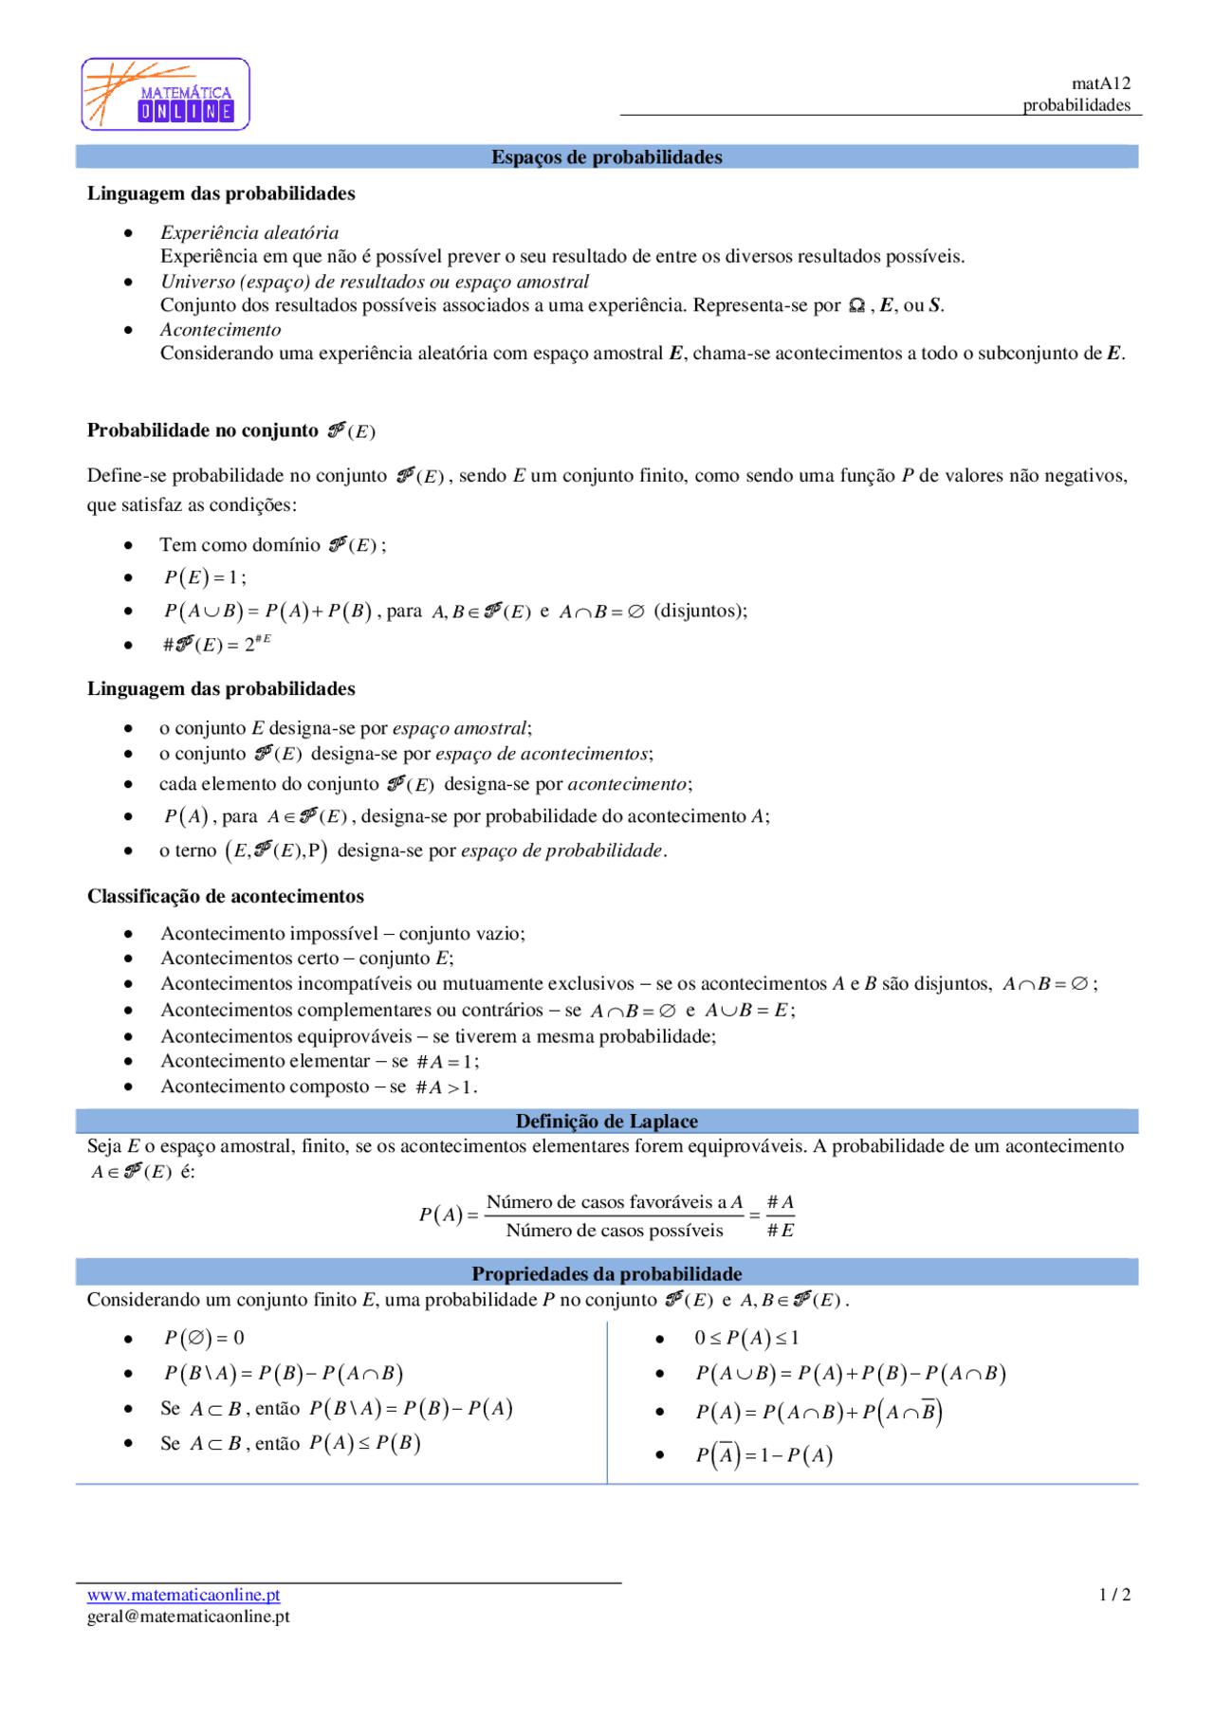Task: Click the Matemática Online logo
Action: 166,94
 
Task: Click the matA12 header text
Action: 1100,83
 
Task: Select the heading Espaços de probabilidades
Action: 606,157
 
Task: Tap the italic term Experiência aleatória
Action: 249,232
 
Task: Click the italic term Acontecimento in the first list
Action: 221,330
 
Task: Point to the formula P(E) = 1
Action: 205,577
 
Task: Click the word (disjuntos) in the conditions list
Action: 700,611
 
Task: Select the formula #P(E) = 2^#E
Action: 216,644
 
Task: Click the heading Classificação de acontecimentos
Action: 226,896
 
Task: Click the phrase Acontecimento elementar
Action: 266,1061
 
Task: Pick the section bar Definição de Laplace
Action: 606,1122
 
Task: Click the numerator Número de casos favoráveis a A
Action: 614,1202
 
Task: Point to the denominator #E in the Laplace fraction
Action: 781,1231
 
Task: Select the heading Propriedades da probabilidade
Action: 606,1273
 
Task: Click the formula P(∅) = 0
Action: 204,1338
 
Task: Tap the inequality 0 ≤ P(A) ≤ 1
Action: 746,1338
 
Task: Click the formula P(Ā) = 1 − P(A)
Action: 763,1455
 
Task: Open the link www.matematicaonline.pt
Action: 183,1595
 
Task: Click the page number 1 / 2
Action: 1114,1595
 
